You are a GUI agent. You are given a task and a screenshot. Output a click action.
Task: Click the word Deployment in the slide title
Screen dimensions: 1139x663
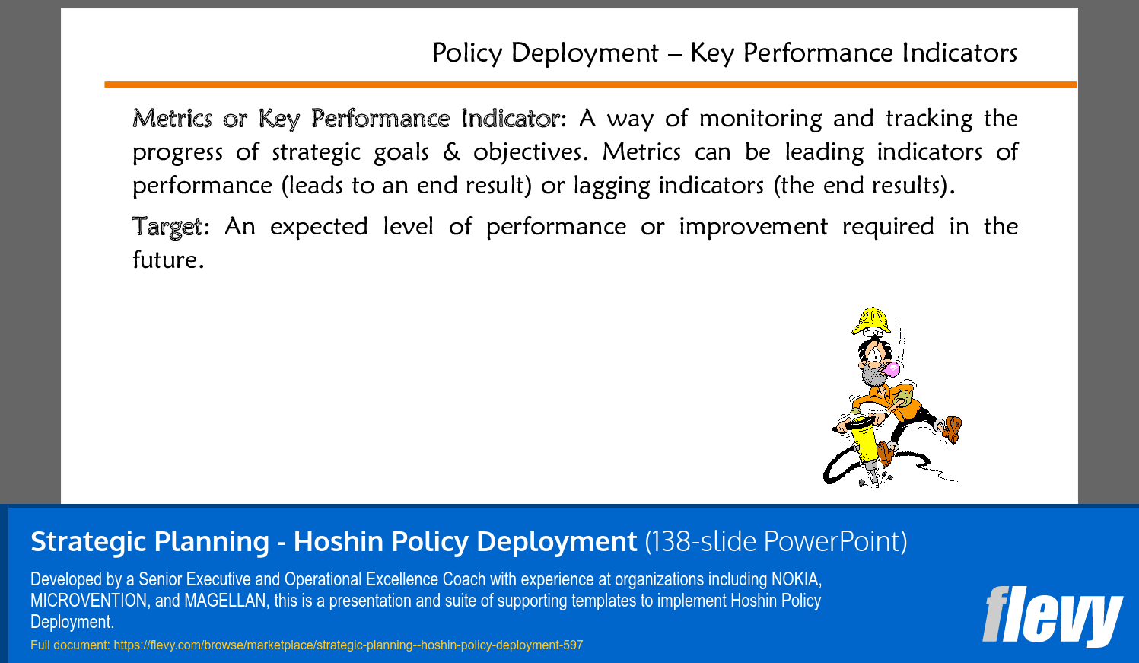[x=585, y=53]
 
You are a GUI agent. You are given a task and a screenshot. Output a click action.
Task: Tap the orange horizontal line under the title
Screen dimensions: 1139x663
[x=590, y=84]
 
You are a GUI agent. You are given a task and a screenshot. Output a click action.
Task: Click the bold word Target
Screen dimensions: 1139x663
[x=167, y=227]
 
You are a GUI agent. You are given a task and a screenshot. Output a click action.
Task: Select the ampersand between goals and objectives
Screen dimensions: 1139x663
[x=451, y=152]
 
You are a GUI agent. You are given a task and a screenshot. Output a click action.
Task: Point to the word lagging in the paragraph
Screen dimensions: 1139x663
[x=612, y=186]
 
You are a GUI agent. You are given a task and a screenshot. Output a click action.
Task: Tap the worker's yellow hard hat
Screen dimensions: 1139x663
[x=871, y=320]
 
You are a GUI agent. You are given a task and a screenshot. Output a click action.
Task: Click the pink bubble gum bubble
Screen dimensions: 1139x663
[x=892, y=368]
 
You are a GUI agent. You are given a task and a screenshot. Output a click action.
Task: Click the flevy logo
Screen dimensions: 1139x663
[x=1052, y=617]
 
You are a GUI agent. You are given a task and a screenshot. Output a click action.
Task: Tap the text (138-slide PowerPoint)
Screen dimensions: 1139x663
[x=776, y=541]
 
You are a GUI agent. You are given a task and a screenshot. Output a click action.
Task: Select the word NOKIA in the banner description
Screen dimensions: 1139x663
[x=797, y=579]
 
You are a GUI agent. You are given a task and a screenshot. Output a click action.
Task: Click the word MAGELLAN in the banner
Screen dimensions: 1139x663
[x=224, y=601]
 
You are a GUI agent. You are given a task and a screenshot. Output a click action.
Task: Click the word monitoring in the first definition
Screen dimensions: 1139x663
[x=760, y=119]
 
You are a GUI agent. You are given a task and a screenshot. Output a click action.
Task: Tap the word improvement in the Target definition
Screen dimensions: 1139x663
[x=753, y=227]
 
